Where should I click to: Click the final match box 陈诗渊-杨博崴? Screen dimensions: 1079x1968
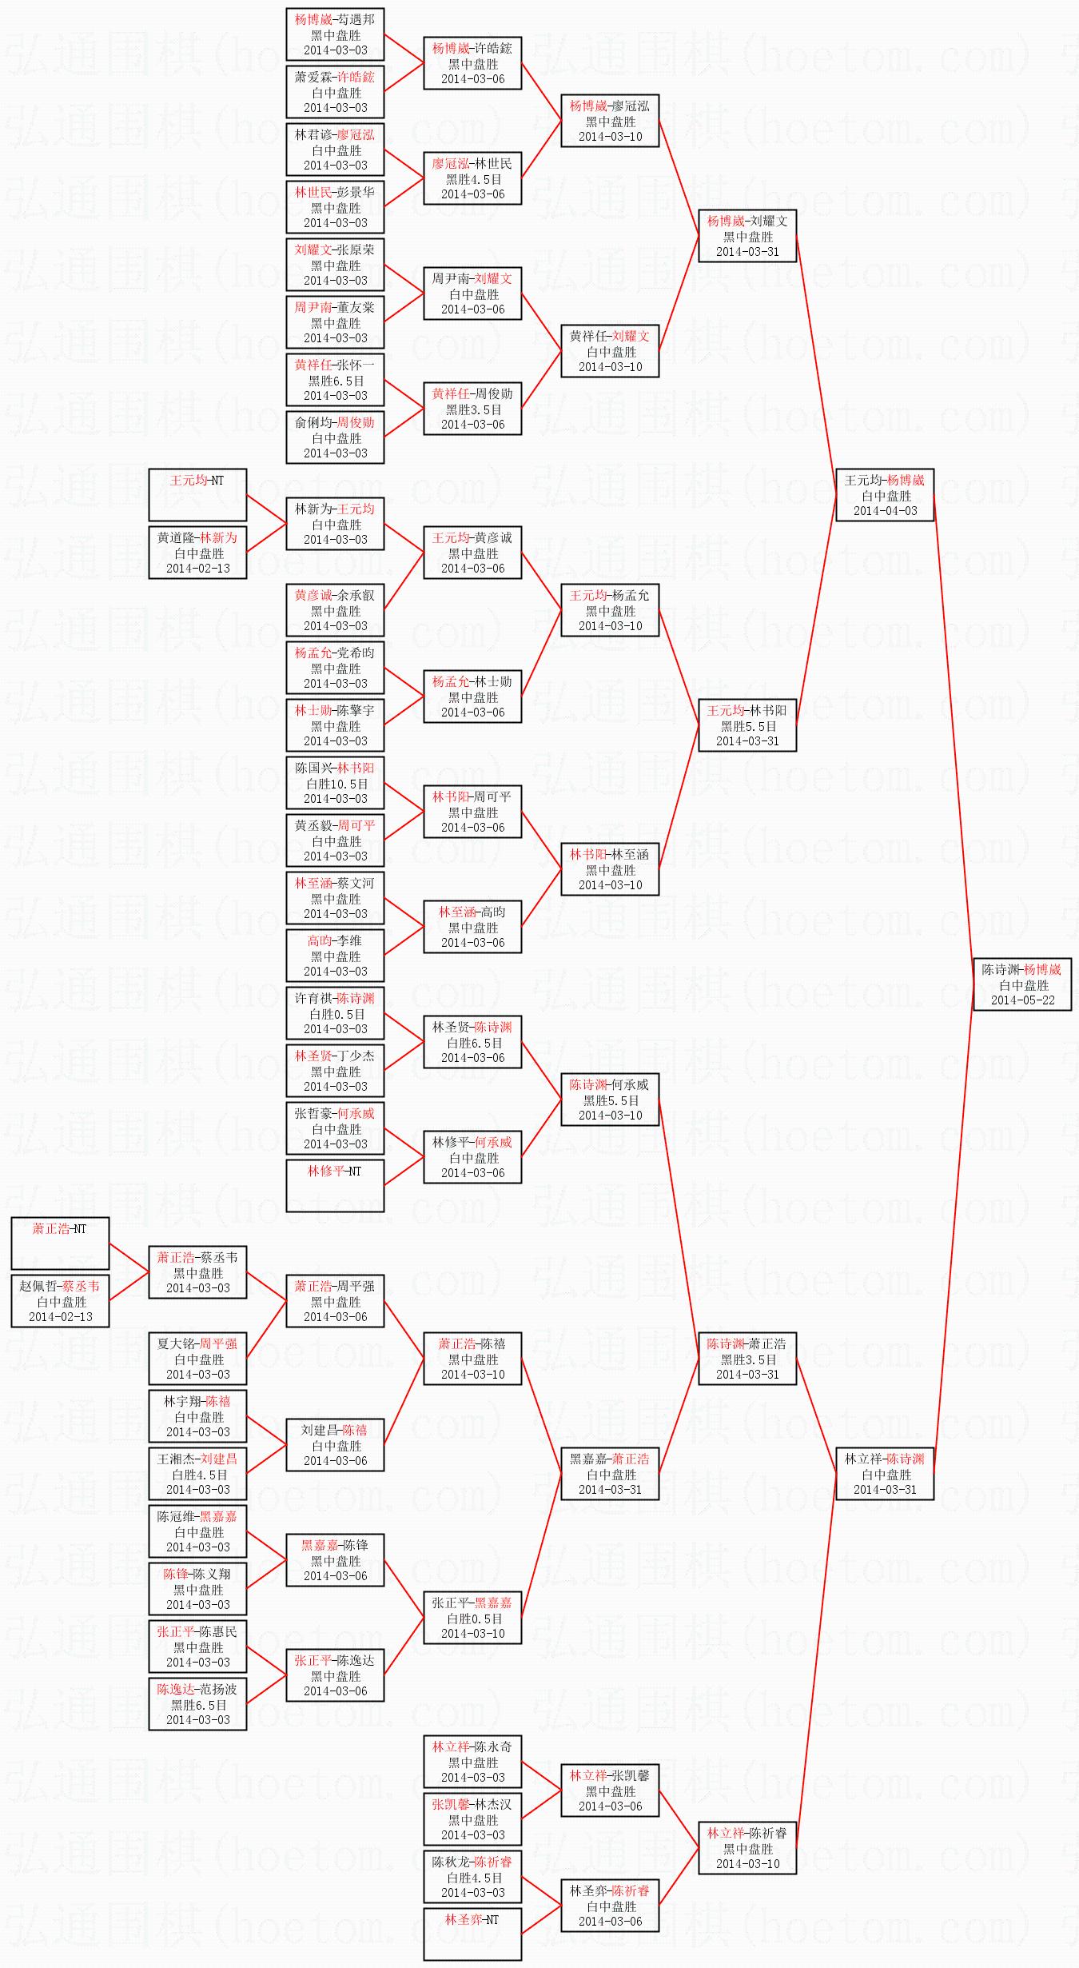1022,984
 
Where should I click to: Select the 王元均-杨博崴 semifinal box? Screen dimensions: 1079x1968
885,495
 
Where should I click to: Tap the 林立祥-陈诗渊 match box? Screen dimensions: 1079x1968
885,1474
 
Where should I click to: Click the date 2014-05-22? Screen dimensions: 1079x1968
1022,1000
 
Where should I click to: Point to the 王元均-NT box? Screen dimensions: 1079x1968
197,495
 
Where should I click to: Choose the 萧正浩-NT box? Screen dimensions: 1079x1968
60,1243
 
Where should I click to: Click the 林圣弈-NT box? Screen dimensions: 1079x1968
472,1934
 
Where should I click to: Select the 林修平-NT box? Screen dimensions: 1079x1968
335,1186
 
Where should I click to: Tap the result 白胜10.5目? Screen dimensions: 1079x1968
336,784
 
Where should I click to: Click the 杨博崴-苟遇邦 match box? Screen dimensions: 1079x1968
335,34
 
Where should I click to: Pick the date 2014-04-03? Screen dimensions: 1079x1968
885,510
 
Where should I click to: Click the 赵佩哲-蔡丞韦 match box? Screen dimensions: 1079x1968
60,1301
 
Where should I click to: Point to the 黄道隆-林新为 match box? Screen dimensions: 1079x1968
197,553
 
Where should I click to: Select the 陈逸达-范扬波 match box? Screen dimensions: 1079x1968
197,1704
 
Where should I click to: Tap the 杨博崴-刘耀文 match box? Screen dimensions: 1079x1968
747,236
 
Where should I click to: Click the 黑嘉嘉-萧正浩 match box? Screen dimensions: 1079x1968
610,1474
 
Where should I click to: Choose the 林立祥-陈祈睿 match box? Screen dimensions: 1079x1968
747,1848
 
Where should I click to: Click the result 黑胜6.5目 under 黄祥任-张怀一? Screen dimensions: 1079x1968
336,381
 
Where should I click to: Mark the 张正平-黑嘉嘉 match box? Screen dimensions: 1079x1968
472,1618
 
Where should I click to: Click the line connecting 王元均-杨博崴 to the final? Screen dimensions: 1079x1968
954,740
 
